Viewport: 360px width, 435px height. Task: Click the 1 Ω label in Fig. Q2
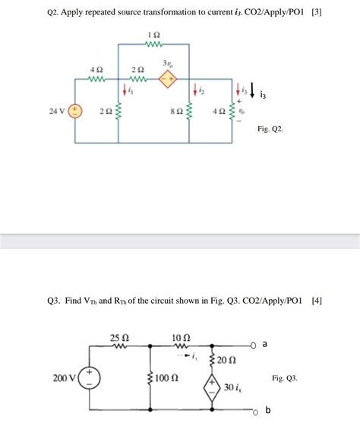point(154,35)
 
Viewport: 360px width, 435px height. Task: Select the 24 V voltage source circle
point(75,112)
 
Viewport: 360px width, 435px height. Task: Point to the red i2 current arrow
point(195,90)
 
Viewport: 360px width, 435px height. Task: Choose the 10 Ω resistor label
point(182,336)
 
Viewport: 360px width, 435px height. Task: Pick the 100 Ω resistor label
point(169,377)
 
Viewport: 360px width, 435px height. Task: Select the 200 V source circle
point(89,377)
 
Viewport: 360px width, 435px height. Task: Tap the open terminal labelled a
point(257,345)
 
